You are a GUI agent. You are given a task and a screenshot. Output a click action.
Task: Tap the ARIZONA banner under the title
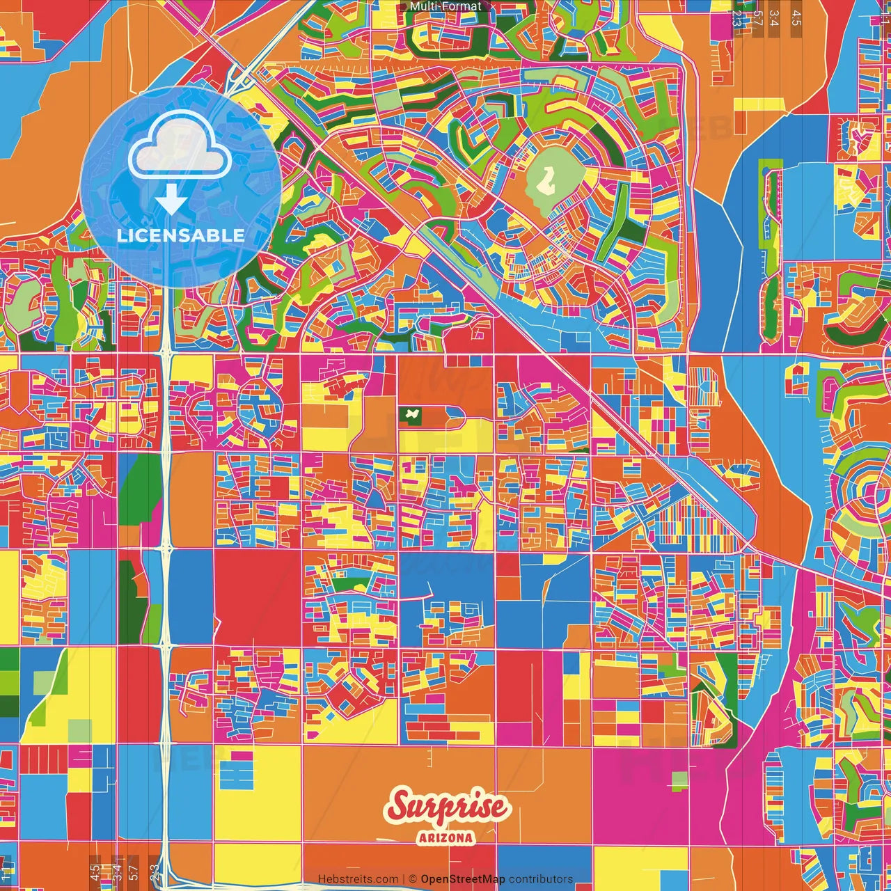point(446,837)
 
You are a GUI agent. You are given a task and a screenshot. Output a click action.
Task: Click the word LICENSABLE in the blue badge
point(180,235)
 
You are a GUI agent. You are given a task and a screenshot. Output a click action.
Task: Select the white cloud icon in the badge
point(180,147)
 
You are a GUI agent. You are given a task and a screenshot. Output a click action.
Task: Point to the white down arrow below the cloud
point(171,200)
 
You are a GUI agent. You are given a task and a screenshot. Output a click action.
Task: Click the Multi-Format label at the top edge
point(445,6)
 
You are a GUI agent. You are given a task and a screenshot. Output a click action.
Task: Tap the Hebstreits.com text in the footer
point(358,879)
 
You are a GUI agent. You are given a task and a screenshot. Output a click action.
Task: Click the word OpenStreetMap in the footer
point(463,879)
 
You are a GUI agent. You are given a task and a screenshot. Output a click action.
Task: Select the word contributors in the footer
point(541,879)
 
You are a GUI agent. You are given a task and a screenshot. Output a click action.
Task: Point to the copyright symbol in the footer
point(412,879)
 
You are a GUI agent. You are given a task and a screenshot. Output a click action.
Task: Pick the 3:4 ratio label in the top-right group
point(775,18)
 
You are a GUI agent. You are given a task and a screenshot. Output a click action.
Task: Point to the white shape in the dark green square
point(412,416)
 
